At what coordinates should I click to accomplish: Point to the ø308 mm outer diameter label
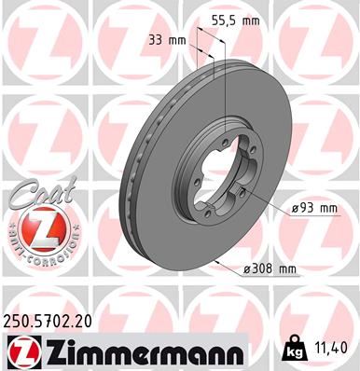point(269,268)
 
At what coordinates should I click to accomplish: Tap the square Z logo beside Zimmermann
point(19,352)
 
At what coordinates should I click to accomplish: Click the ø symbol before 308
point(248,268)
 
